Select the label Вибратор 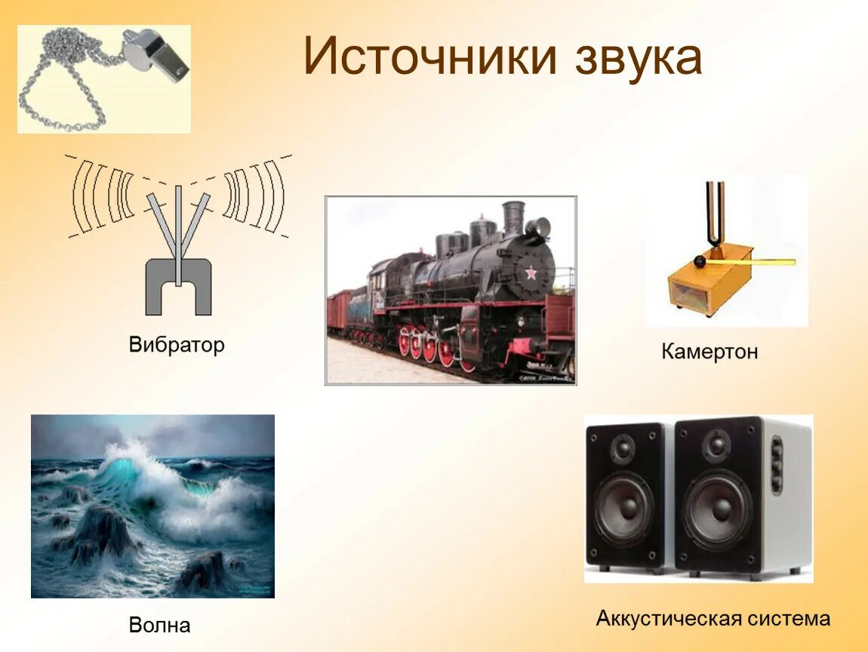pyautogui.click(x=177, y=346)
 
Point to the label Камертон pyautogui.click(x=709, y=352)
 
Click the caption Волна pyautogui.click(x=159, y=625)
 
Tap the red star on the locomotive pyautogui.click(x=531, y=272)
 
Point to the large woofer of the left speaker pyautogui.click(x=623, y=508)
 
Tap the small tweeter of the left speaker pyautogui.click(x=623, y=451)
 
